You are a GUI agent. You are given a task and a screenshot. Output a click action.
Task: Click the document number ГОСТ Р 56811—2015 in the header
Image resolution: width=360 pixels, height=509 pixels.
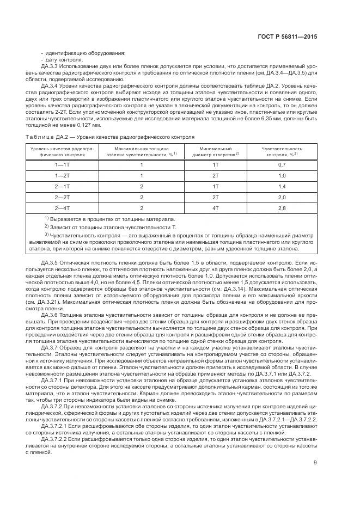290,38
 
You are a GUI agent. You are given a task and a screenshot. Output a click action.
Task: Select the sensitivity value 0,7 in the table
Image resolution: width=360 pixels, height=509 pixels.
282,164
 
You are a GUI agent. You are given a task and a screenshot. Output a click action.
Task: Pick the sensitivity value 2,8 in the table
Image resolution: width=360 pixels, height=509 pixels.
282,207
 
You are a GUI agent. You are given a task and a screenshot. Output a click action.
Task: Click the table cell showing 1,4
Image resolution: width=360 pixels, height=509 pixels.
282,186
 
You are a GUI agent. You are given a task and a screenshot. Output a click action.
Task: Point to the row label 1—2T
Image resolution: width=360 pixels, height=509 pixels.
63,175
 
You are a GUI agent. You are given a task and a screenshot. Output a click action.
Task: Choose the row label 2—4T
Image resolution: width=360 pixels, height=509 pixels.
63,207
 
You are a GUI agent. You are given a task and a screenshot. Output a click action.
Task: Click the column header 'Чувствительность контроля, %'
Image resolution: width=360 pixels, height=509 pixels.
282,151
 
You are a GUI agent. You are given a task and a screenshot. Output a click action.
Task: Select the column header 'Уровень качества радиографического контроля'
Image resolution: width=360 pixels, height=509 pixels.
63,151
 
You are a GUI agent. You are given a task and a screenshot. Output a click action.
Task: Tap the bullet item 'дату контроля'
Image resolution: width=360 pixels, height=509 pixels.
63,59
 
